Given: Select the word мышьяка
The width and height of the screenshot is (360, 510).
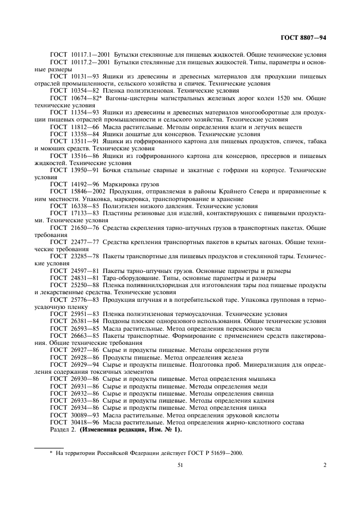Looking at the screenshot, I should (x=264, y=378).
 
